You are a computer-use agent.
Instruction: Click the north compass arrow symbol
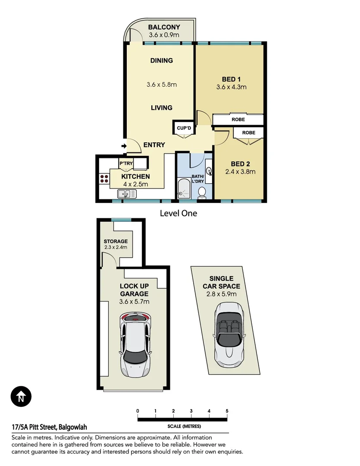21,396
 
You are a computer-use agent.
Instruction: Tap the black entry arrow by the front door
124,146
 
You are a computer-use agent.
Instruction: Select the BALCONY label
164,27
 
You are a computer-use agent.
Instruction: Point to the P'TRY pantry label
126,163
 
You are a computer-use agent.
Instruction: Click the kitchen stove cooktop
104,179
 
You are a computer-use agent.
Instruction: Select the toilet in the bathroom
201,192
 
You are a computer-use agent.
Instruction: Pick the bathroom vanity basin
209,171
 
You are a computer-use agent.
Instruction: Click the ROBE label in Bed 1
238,120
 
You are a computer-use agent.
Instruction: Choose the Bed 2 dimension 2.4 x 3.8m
240,171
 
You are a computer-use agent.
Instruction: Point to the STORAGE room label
116,241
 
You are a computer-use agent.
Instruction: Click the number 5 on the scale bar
227,411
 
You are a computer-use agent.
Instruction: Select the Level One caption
178,213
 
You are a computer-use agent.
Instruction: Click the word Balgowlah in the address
73,427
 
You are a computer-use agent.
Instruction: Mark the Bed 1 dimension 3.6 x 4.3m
231,87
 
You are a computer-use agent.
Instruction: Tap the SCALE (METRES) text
184,426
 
